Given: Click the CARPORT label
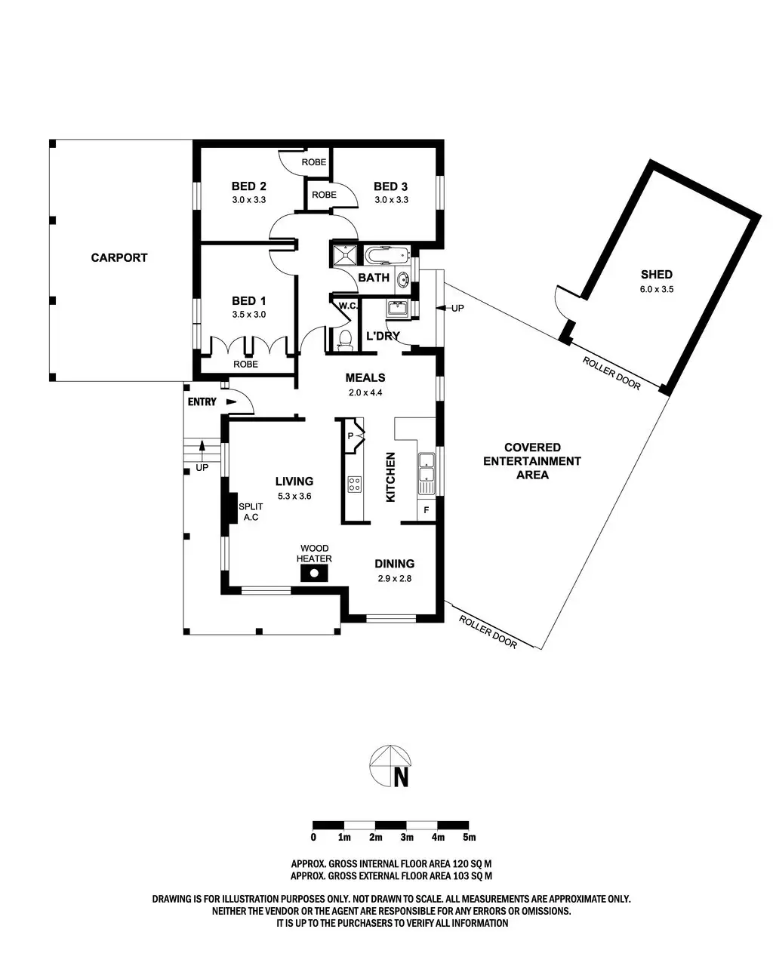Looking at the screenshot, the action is click(119, 257).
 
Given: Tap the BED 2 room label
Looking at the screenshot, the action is click(248, 186).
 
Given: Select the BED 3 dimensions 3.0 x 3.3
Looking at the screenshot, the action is click(391, 200).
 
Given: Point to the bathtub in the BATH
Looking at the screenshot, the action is click(386, 255).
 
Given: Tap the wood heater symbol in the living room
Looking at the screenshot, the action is click(314, 574).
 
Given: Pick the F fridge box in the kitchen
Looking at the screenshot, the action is click(427, 510).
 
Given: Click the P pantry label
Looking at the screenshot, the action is click(351, 436).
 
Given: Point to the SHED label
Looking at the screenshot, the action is click(656, 275).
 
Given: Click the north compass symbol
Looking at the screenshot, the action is click(391, 767).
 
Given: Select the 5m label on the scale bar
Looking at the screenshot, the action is click(469, 837).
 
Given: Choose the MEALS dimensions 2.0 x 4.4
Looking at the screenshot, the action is click(365, 392).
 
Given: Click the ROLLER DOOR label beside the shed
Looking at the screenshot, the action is click(611, 374).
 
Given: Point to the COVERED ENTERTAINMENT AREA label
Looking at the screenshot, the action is click(532, 461).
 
